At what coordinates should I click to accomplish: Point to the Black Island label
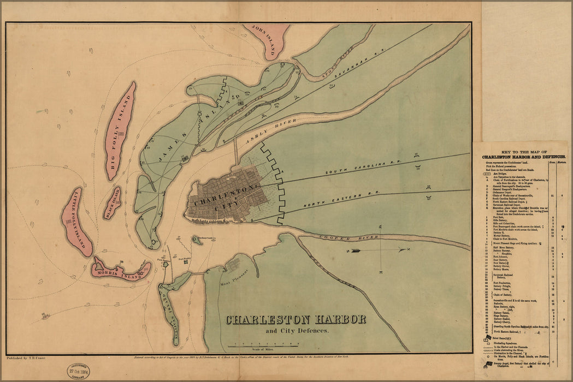tap(113, 203)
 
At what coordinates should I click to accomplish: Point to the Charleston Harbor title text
tap(296, 320)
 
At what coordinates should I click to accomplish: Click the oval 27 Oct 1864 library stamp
tap(79, 372)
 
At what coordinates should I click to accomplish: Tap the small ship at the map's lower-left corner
tap(45, 315)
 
